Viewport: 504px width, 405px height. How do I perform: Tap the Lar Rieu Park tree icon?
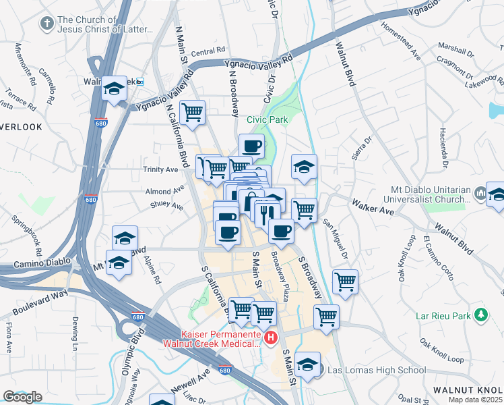pyautogui.click(x=480, y=315)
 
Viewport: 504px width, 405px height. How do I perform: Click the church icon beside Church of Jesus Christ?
pyautogui.click(x=46, y=24)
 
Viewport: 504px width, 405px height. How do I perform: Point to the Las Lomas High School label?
pyautogui.click(x=376, y=369)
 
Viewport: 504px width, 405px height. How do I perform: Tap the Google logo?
pyautogui.click(x=22, y=396)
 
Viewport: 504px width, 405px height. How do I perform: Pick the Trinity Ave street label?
pyautogui.click(x=160, y=169)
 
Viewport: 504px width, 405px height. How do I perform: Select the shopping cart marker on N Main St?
pyautogui.click(x=193, y=112)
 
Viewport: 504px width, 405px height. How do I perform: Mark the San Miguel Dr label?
pyautogui.click(x=334, y=236)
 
